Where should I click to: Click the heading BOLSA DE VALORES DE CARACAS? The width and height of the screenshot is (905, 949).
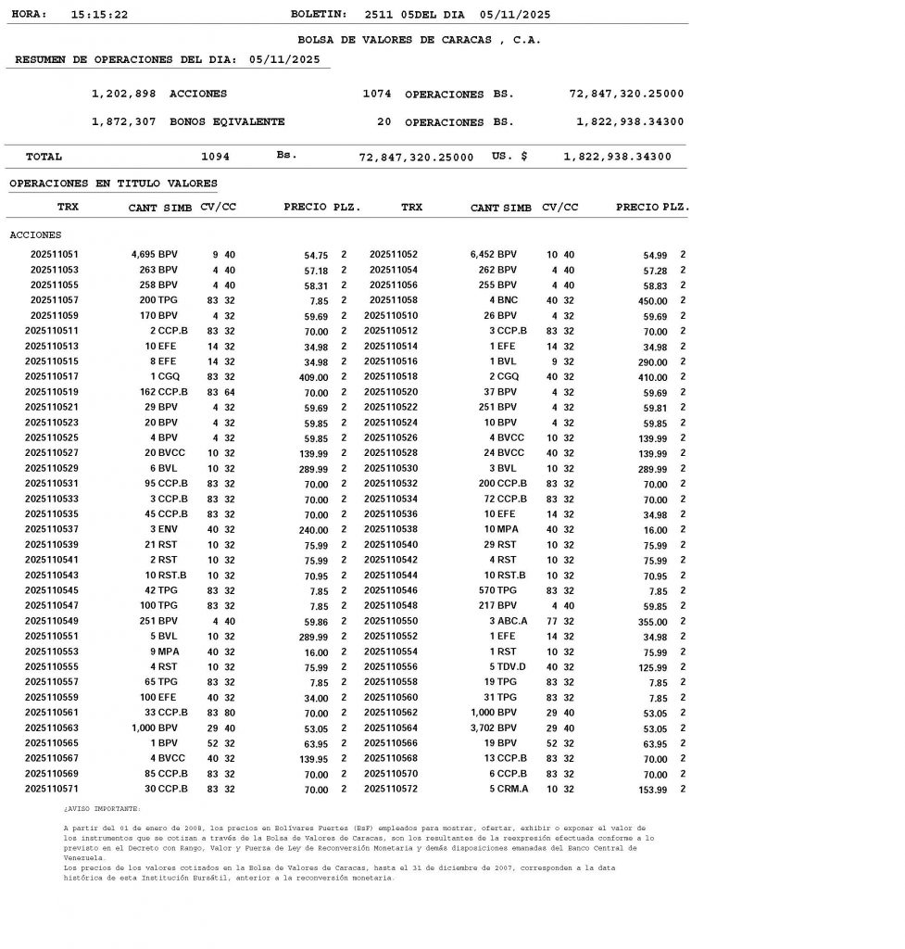click(419, 40)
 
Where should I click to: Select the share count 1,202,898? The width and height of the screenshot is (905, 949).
click(124, 94)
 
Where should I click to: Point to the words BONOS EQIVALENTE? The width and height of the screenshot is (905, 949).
click(227, 121)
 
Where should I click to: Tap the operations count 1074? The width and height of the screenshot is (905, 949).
click(377, 94)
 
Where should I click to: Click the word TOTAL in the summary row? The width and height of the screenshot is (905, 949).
click(44, 157)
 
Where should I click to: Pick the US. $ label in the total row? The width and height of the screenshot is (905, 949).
click(509, 157)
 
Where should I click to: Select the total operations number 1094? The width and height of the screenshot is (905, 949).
click(215, 157)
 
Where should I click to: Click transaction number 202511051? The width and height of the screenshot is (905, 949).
click(55, 254)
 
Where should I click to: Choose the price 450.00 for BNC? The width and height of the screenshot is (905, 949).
click(651, 300)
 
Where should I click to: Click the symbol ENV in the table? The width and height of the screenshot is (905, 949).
click(170, 529)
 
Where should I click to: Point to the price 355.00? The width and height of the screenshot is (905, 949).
click(651, 621)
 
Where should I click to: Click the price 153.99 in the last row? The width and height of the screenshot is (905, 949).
click(651, 790)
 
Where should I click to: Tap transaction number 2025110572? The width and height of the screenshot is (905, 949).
click(391, 790)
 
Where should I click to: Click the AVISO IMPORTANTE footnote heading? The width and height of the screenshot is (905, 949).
click(102, 808)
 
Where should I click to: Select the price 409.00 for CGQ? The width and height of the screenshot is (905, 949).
click(312, 377)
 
